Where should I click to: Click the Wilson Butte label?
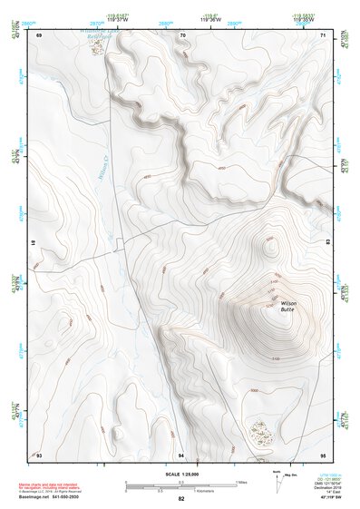pos(287,306)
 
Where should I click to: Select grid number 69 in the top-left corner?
pos(40,34)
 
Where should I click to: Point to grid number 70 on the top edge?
pos(183,34)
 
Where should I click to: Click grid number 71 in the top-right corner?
pos(323,34)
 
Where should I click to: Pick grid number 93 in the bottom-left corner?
pos(40,454)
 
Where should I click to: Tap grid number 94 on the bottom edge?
pos(181,454)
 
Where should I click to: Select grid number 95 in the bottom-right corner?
pos(322,454)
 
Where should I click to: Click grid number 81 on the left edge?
pos(34,243)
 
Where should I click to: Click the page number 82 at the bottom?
pos(180,499)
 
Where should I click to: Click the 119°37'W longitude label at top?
pos(117,18)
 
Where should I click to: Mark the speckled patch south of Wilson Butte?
pos(259,431)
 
